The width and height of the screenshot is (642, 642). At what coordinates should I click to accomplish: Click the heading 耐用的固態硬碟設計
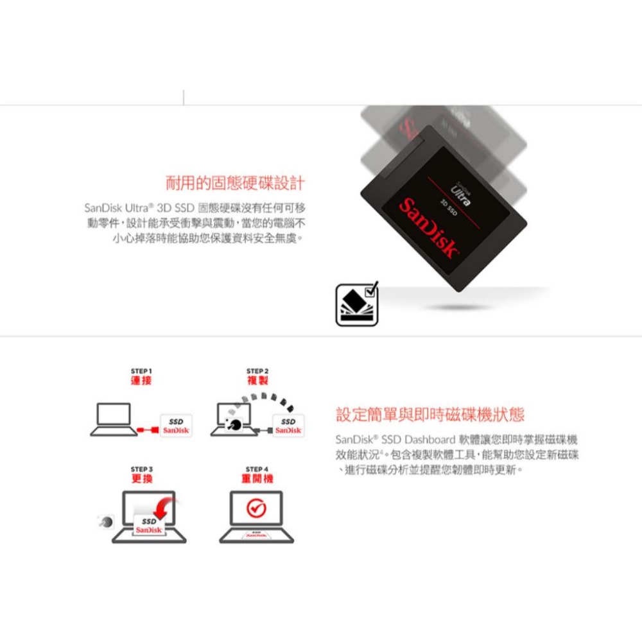234,184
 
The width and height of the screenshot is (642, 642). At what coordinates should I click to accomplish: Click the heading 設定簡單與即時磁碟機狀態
430,415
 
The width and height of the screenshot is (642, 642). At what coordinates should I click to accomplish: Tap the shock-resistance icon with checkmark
357,304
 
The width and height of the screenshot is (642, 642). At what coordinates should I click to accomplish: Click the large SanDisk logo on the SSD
430,227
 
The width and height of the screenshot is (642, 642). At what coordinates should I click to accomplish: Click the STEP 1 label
141,371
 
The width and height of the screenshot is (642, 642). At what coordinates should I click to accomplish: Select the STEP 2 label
257,371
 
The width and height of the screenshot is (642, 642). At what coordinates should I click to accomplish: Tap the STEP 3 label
141,469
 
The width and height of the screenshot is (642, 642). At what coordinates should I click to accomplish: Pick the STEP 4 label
257,469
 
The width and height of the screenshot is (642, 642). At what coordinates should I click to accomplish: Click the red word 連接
141,381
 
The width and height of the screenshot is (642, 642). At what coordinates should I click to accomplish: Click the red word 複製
257,381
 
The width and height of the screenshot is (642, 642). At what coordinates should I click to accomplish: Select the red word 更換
141,480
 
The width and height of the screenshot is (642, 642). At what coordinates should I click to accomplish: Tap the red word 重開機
257,480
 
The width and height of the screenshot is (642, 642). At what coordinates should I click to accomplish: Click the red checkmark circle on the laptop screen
256,509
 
